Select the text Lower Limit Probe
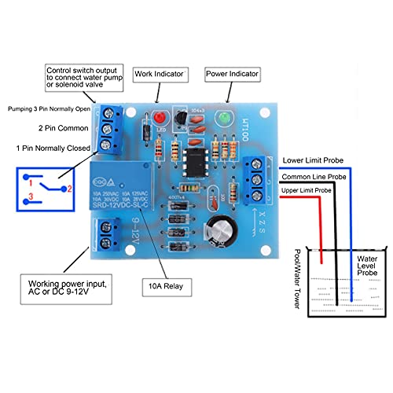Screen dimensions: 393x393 point(313,160)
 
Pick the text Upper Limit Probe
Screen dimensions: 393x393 point(314,190)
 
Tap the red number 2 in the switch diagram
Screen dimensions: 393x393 point(69,189)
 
